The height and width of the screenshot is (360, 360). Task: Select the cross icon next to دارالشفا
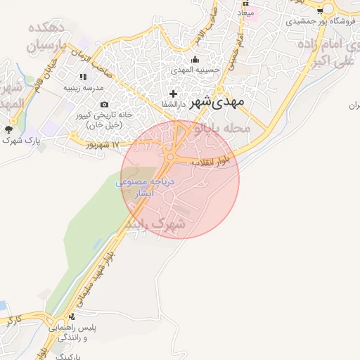coord(174,94)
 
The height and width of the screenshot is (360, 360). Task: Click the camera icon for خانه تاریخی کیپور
coord(104,105)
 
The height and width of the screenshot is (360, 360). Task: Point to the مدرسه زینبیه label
coord(84,88)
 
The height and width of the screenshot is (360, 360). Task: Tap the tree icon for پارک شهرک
coord(9,129)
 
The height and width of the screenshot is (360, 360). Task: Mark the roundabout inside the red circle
coord(171,156)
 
